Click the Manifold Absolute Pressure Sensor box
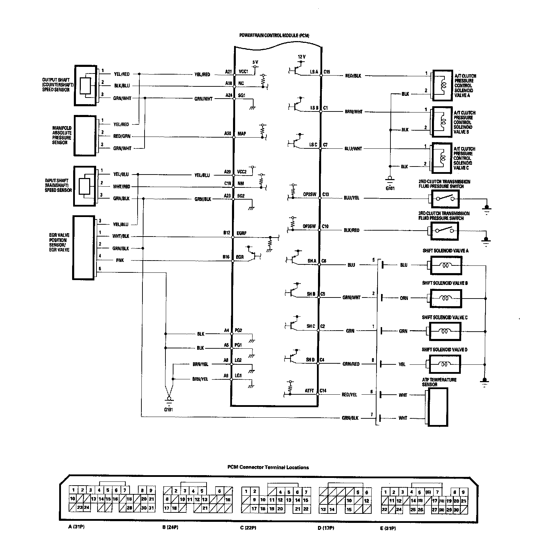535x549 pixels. point(85,136)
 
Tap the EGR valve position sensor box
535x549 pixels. point(84,247)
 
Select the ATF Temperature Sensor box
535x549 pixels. point(438,407)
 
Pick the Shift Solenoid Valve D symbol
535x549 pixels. point(445,364)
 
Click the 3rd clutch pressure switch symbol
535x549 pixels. point(444,231)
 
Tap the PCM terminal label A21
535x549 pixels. point(228,72)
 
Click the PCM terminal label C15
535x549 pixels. point(327,72)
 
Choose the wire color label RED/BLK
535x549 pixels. point(352,76)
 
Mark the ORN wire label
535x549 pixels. point(404,298)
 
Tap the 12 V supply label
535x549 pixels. point(302,56)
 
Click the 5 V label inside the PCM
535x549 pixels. point(255,62)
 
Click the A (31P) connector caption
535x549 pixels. point(77,527)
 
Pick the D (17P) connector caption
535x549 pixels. point(326,528)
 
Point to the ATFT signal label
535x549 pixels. point(309,391)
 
